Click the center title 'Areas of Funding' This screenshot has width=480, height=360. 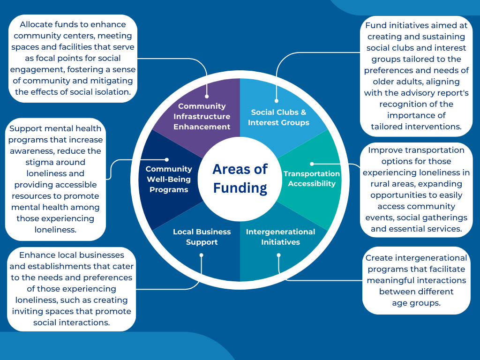[x=240, y=179]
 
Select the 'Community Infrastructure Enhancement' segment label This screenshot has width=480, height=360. [x=202, y=116]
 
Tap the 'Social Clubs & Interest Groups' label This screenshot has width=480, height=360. [x=278, y=117]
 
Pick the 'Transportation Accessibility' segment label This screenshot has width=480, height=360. [x=312, y=179]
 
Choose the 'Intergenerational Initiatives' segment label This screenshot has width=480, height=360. [x=280, y=237]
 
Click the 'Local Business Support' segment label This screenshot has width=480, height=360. [x=202, y=237]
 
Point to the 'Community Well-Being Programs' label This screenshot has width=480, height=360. [x=169, y=179]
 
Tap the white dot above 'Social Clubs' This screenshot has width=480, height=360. [x=276, y=100]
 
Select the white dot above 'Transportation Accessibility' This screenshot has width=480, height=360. [x=312, y=164]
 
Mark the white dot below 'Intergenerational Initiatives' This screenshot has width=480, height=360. [x=278, y=255]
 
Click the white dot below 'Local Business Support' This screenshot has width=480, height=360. [x=201, y=255]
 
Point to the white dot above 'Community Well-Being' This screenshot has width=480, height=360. [x=167, y=160]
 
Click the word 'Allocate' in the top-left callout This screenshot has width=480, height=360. [x=37, y=24]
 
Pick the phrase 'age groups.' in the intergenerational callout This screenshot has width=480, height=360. [x=416, y=303]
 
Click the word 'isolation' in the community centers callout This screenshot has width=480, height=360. [x=112, y=92]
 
